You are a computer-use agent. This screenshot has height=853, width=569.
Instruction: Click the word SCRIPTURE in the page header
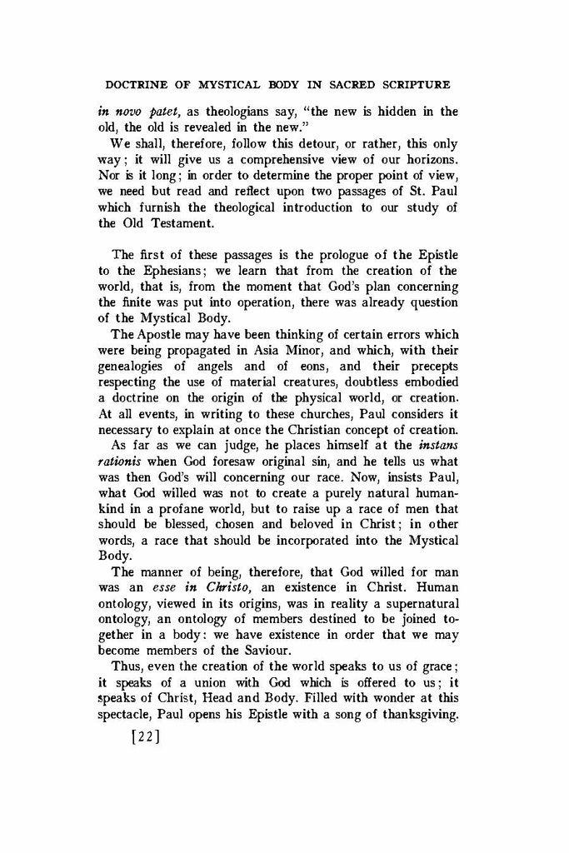point(410,84)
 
